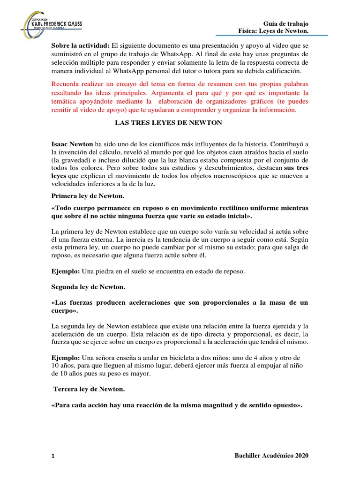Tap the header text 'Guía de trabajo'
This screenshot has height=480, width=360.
click(x=286, y=23)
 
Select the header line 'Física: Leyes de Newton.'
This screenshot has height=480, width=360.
click(x=273, y=31)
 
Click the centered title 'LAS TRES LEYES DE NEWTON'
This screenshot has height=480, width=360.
click(x=169, y=123)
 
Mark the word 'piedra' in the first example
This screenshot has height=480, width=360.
click(x=105, y=271)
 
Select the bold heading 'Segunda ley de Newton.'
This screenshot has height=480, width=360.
click(x=88, y=286)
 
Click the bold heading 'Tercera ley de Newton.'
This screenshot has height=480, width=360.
click(x=89, y=390)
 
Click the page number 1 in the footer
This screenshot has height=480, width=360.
click(x=53, y=456)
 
